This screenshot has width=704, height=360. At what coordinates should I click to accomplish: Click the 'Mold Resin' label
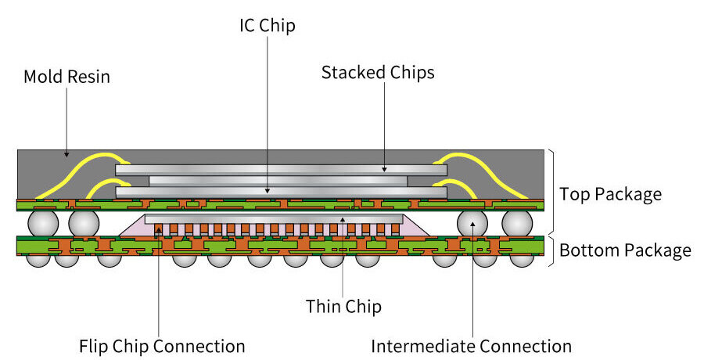[x=66, y=77]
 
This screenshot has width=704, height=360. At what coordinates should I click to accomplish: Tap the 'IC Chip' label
[x=268, y=25]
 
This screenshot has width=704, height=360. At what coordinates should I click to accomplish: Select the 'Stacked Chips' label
[x=378, y=73]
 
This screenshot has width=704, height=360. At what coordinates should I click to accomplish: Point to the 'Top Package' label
[x=610, y=193]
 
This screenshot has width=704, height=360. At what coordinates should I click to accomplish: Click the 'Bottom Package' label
[x=625, y=250]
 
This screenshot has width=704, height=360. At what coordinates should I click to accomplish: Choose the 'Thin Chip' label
[x=343, y=306]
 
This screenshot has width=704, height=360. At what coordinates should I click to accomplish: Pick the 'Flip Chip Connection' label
[x=162, y=346]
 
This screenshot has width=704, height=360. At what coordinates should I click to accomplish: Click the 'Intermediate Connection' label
[x=471, y=346]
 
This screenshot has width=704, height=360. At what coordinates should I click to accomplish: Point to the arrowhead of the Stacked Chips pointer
[x=384, y=169]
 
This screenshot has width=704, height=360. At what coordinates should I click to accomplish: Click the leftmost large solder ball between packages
[x=43, y=223]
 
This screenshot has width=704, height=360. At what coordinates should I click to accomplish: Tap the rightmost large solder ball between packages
[x=517, y=223]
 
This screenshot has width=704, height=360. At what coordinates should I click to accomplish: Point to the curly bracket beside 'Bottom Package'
[x=552, y=250]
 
